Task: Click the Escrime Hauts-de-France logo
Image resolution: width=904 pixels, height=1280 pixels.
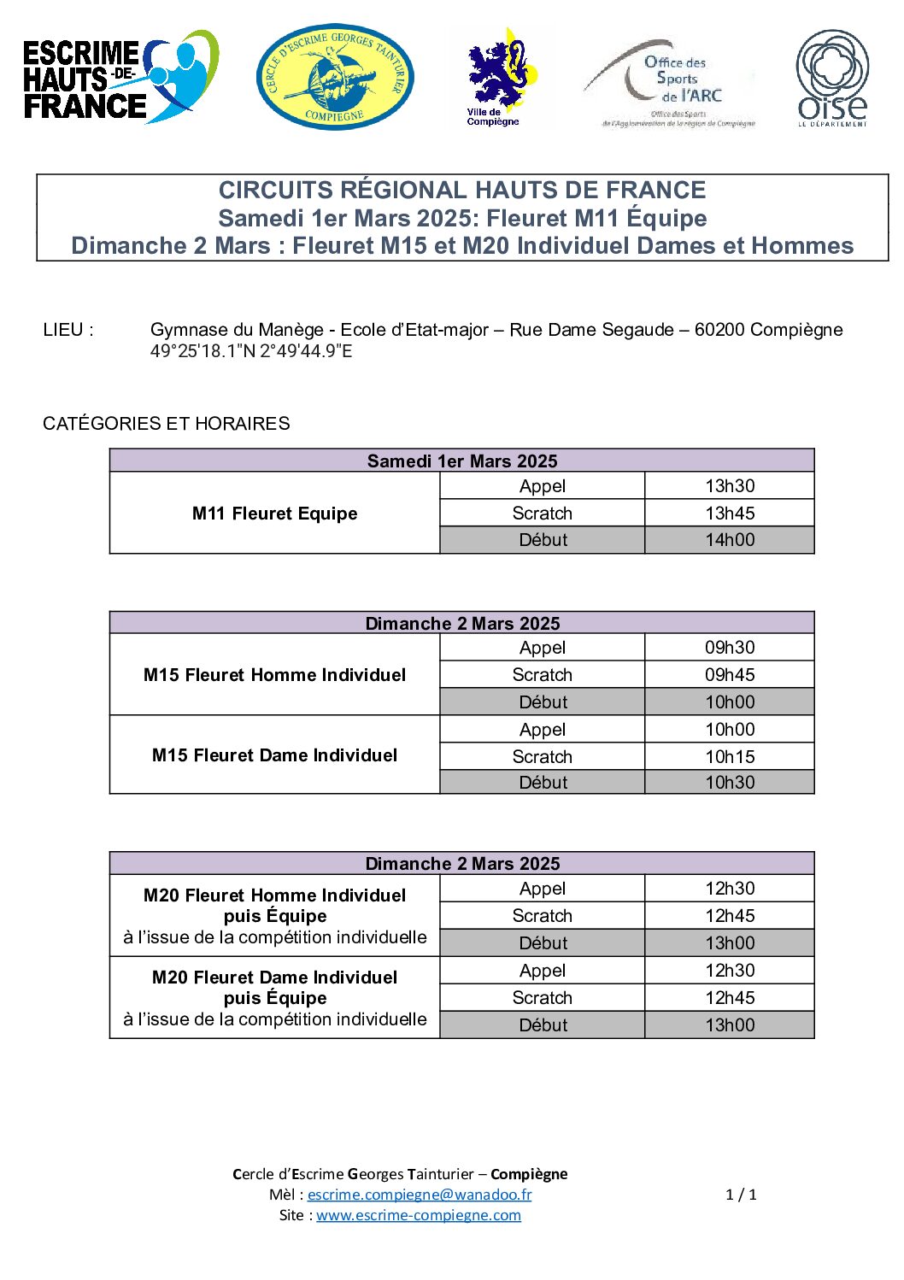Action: coord(120,79)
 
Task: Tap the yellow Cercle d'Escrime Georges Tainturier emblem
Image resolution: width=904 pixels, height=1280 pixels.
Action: coord(335,78)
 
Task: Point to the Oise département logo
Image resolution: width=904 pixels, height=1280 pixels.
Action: coord(832,79)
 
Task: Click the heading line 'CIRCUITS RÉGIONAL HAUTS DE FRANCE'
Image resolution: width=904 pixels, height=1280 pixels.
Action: coord(462,190)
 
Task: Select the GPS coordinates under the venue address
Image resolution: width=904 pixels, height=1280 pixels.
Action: coord(251,351)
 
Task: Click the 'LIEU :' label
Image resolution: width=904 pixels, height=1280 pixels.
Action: coord(68,330)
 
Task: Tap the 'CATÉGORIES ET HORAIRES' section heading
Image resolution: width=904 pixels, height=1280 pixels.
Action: coord(167,424)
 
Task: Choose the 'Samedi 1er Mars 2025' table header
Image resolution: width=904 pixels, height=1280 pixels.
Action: coord(462,461)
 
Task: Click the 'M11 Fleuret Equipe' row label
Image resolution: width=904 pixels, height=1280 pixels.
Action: coord(274,514)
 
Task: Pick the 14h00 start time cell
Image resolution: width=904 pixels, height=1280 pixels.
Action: coord(730,540)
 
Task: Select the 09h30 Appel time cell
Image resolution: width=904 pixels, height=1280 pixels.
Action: coord(730,648)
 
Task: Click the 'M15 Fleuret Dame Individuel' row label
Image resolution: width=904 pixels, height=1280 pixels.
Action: coord(274,755)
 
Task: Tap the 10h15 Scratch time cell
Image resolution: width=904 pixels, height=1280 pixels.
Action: coord(730,757)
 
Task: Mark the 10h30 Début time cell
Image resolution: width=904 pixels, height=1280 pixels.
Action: coord(730,783)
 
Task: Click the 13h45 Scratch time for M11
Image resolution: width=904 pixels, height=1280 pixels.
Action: coord(730,514)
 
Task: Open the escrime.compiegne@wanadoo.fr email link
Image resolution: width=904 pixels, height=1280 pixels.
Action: coord(420,1195)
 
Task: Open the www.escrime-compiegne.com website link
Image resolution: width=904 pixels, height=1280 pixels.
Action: coord(419,1215)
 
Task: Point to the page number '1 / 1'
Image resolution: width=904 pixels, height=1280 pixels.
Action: coord(741,1195)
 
